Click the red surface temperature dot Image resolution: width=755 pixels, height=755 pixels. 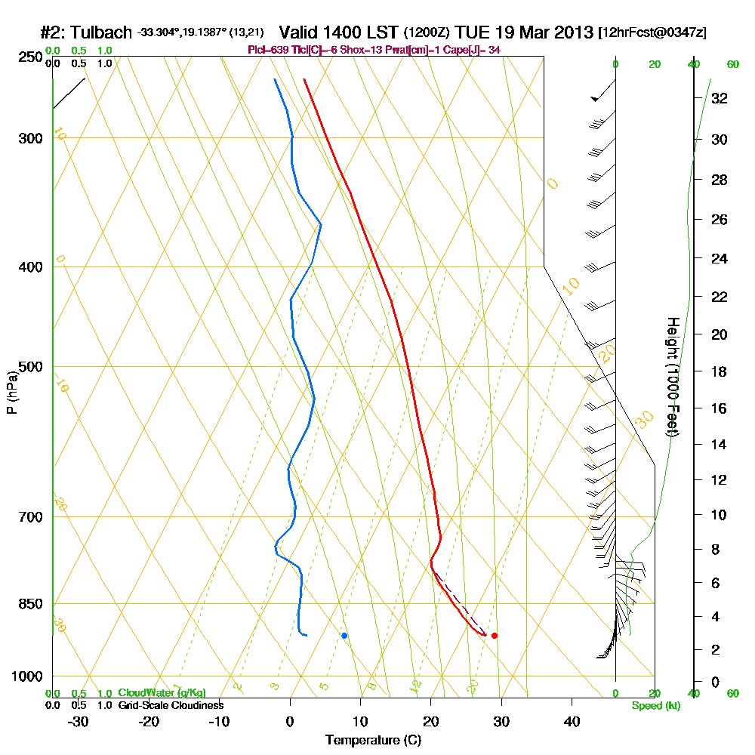495,636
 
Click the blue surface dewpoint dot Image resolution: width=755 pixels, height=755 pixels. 344,636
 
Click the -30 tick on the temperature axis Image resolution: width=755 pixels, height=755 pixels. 79,721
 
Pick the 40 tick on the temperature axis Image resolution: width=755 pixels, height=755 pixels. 572,721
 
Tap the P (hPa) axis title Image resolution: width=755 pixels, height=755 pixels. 11,392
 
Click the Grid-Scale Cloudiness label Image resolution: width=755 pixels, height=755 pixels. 170,705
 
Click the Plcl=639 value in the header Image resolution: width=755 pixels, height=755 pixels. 267,50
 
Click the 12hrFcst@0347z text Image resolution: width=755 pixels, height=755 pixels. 652,33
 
